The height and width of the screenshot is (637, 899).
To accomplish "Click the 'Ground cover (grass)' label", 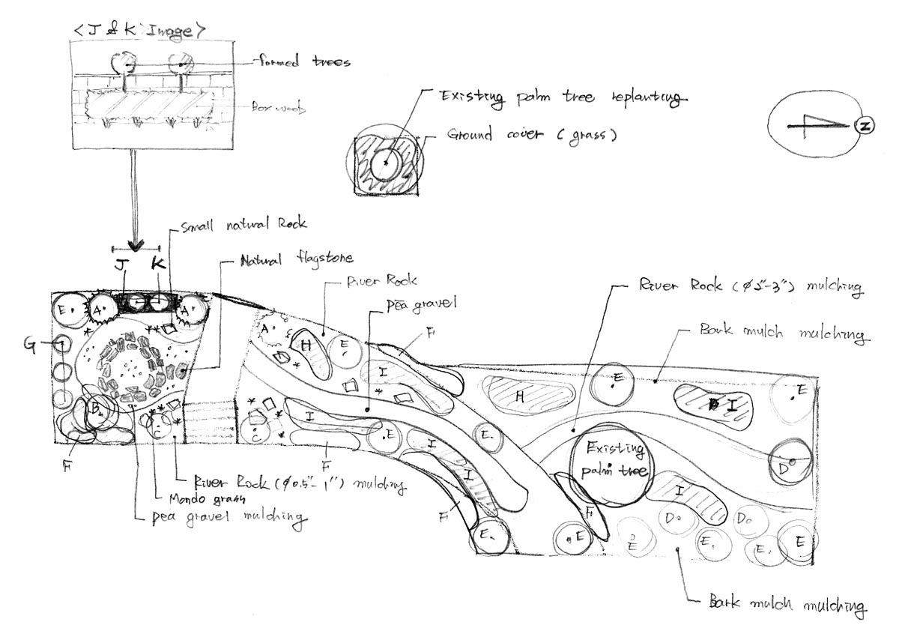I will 532,136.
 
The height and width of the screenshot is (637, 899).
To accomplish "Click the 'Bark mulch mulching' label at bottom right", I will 787,603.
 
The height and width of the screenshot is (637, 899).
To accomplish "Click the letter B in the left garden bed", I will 96,408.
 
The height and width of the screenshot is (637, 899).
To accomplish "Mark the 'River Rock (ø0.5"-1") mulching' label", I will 300,482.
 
